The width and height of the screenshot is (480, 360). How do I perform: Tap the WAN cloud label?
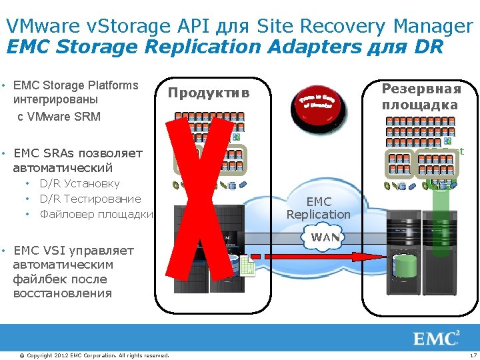(x=325, y=237)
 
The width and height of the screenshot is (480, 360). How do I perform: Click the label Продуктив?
(x=208, y=93)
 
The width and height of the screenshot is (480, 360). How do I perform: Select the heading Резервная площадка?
(x=421, y=97)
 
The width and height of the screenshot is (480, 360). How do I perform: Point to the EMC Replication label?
(x=318, y=208)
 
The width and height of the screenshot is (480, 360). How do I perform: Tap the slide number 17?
(x=473, y=355)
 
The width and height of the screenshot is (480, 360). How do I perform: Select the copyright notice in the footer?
(x=94, y=355)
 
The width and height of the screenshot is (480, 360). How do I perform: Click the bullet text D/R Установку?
(x=80, y=183)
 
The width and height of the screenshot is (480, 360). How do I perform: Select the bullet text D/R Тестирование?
(x=91, y=199)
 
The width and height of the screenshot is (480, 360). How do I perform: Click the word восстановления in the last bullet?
(x=62, y=293)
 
